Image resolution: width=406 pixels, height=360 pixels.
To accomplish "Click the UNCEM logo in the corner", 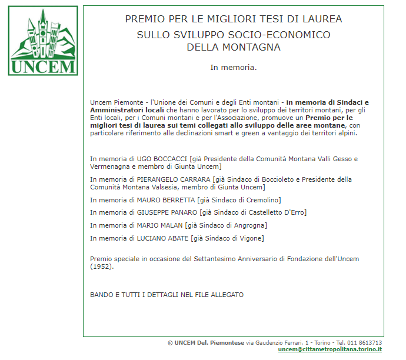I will click(x=43, y=41).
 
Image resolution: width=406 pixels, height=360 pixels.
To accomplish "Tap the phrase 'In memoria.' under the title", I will click(x=234, y=67).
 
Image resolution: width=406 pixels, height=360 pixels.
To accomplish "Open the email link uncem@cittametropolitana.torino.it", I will click(x=330, y=349).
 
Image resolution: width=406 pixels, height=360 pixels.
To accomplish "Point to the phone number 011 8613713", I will click(x=364, y=342).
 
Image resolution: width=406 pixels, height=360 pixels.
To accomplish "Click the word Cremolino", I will click(x=262, y=200).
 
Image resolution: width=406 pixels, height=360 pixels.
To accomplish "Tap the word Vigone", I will click(x=251, y=238).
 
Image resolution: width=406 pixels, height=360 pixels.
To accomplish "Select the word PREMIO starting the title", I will click(x=144, y=19).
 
